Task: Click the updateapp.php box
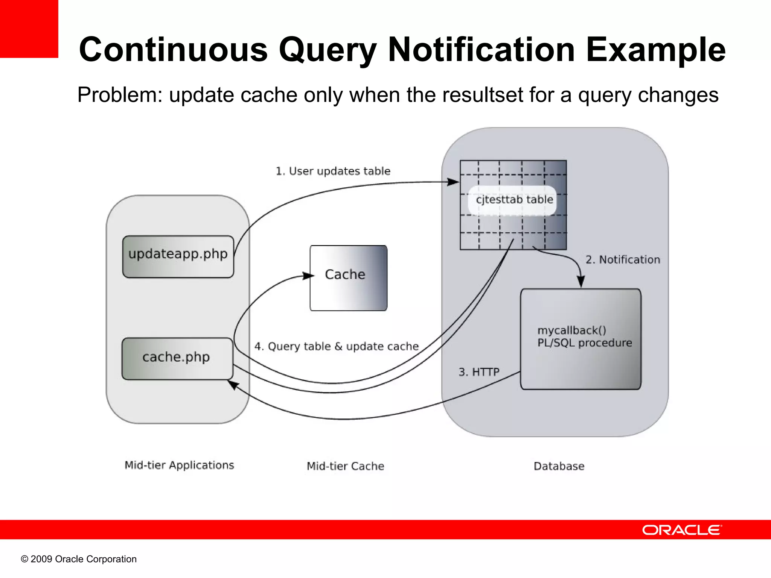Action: coord(178,257)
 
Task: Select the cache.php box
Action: coord(177,358)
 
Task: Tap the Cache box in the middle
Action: coord(348,278)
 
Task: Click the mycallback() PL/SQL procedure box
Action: coord(581,339)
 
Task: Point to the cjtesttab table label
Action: coord(514,199)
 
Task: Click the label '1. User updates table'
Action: coord(333,171)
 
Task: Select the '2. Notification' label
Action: coord(623,260)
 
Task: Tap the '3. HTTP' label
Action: coord(479,372)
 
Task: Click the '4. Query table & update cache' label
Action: coord(337,346)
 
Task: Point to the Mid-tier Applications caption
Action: coord(179,465)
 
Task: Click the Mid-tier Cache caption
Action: coord(346,466)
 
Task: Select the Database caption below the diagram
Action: coord(559,466)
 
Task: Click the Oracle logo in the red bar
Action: coord(682,530)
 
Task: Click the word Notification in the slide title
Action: coord(481,50)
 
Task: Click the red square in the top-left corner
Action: coord(29,29)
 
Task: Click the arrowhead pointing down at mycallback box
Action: coord(581,282)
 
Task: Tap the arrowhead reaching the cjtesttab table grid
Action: coord(454,182)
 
